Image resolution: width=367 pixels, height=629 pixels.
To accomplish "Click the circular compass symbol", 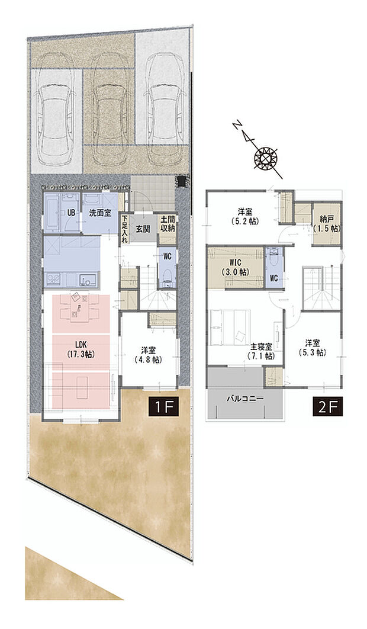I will click(x=266, y=158).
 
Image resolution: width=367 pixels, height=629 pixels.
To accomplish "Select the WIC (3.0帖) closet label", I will click(x=235, y=267).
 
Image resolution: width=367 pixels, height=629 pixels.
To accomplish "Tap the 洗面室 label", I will click(x=100, y=212).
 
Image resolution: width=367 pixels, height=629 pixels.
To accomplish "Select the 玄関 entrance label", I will click(x=143, y=229).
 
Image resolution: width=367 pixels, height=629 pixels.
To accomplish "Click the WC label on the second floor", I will click(x=274, y=277).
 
